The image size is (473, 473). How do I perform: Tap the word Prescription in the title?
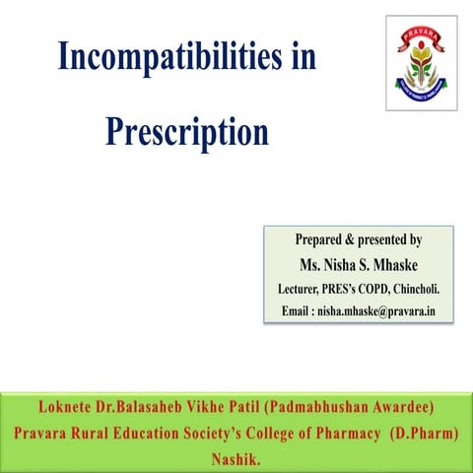(187, 130)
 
